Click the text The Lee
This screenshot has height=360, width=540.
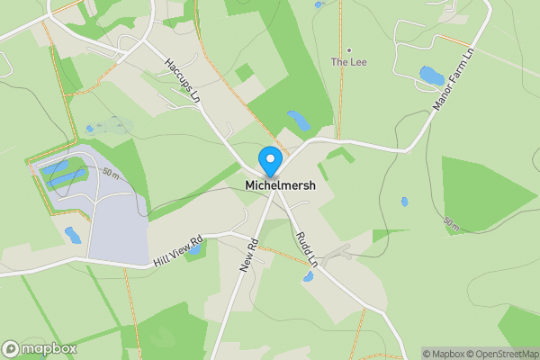tap(348, 62)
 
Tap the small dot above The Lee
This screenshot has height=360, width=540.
tap(348, 49)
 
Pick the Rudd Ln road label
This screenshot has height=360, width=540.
tap(307, 248)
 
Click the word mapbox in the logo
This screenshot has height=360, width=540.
tap(49, 348)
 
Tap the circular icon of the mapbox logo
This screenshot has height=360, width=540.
tap(12, 348)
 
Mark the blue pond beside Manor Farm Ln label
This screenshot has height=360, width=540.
tap(431, 76)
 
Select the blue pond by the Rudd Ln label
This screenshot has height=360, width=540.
tap(308, 276)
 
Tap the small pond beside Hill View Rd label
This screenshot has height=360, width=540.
tap(72, 236)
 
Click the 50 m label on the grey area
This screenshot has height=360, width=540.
tap(111, 172)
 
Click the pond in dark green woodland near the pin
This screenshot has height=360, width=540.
tap(297, 120)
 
